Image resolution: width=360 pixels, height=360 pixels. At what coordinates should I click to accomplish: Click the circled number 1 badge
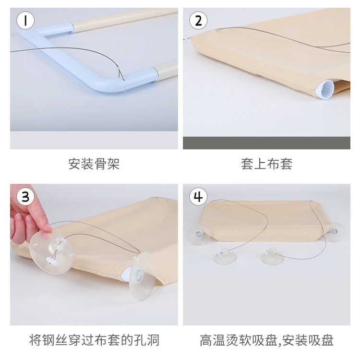pyautogui.click(x=25, y=20)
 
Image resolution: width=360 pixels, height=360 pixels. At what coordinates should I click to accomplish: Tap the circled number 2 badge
pyautogui.click(x=198, y=20)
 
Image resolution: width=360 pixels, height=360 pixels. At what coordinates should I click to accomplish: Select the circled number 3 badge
pyautogui.click(x=25, y=196)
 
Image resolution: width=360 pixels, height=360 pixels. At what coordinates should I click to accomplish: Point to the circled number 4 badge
pyautogui.click(x=198, y=196)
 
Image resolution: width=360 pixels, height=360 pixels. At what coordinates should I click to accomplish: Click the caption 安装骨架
pyautogui.click(x=94, y=164)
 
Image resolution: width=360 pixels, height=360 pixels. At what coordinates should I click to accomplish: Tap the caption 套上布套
pyautogui.click(x=266, y=164)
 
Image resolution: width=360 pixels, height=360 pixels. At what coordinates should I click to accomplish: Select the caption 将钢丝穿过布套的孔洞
pyautogui.click(x=94, y=340)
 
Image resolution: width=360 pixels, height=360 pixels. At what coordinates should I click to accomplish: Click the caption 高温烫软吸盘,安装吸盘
pyautogui.click(x=266, y=340)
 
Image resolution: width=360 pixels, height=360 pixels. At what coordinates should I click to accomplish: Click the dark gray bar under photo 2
pyautogui.click(x=266, y=143)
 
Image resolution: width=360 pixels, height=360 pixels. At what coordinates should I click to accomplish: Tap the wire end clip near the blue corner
pyautogui.click(x=118, y=68)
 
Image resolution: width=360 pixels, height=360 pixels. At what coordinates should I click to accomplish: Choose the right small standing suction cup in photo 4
pyautogui.click(x=273, y=256)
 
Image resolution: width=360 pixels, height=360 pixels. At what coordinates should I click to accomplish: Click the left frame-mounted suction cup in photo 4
pyautogui.click(x=199, y=235)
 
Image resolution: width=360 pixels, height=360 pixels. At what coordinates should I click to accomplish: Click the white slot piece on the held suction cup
pyautogui.click(x=52, y=260)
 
